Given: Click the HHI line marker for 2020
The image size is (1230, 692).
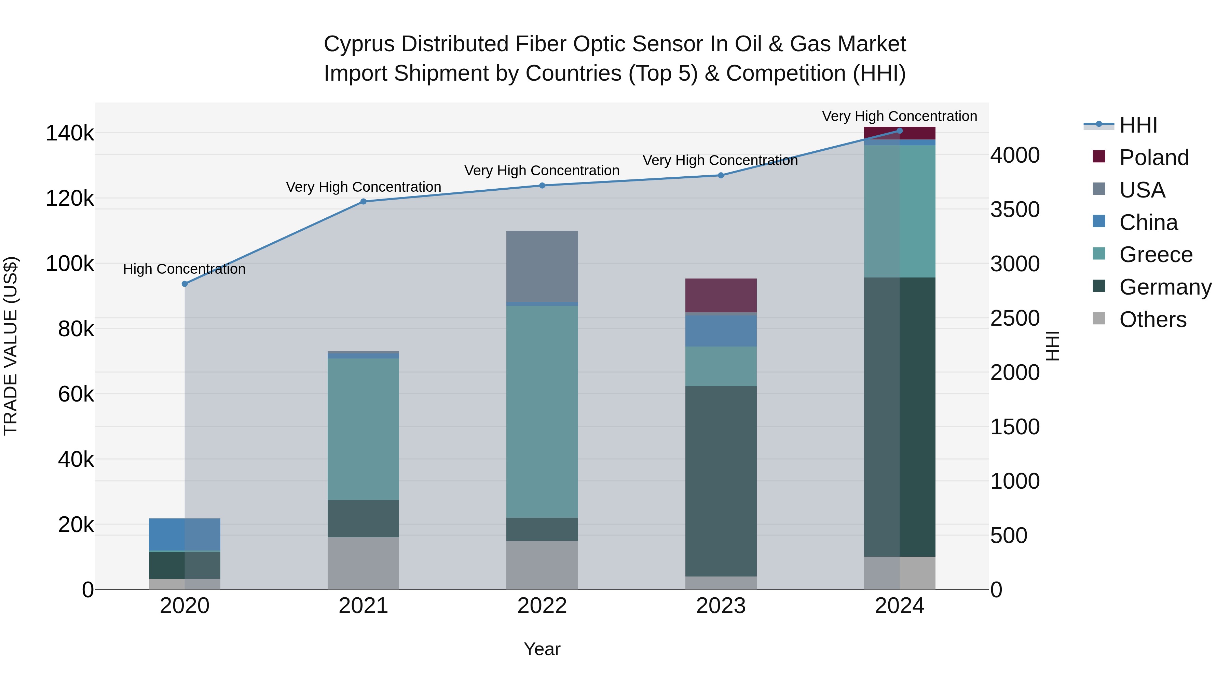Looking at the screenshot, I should click(185, 284).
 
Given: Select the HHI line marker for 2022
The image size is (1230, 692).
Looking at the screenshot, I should click(542, 186).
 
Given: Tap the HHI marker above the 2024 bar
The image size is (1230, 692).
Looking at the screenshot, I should click(900, 131).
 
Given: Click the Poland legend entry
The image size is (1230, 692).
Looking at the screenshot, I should click(1153, 158).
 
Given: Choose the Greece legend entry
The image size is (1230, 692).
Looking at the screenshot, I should click(1155, 255).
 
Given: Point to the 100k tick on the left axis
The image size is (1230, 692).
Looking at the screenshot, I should click(70, 263).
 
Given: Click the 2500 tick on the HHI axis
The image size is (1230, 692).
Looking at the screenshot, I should click(1015, 318).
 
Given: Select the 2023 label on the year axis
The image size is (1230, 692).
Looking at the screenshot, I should click(721, 606).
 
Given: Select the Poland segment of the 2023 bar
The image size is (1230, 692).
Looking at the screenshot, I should click(721, 295).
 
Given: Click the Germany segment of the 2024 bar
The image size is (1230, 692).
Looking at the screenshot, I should click(900, 417).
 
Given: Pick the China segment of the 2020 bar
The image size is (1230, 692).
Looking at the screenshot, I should click(185, 534).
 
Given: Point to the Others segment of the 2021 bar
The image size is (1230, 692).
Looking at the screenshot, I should click(364, 563).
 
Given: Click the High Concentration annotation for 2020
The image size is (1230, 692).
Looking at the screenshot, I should click(184, 269).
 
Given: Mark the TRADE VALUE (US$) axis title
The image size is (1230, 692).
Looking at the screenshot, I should click(11, 346).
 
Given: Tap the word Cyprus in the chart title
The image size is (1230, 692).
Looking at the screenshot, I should click(359, 44).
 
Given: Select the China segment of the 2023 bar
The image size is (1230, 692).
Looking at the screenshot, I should click(721, 330).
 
